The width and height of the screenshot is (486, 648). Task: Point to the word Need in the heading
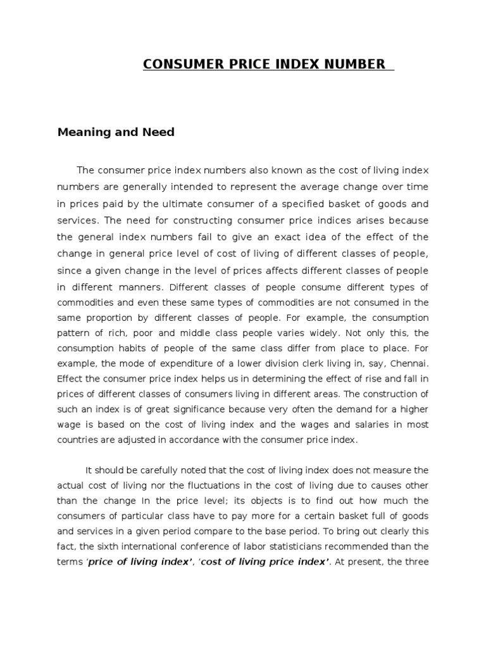[158, 133]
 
